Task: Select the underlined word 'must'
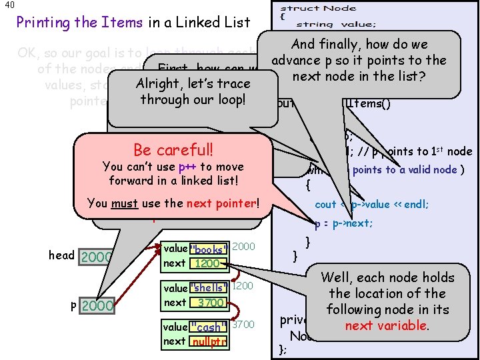pos(125,203)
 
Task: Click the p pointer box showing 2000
pos(97,306)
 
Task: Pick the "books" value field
pos(209,249)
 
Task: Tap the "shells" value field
pos(209,288)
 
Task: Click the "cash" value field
pos(208,327)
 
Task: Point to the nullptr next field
pos(208,341)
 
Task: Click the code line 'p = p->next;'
pos(343,223)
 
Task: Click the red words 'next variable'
pos(386,325)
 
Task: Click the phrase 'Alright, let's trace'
pos(193,84)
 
